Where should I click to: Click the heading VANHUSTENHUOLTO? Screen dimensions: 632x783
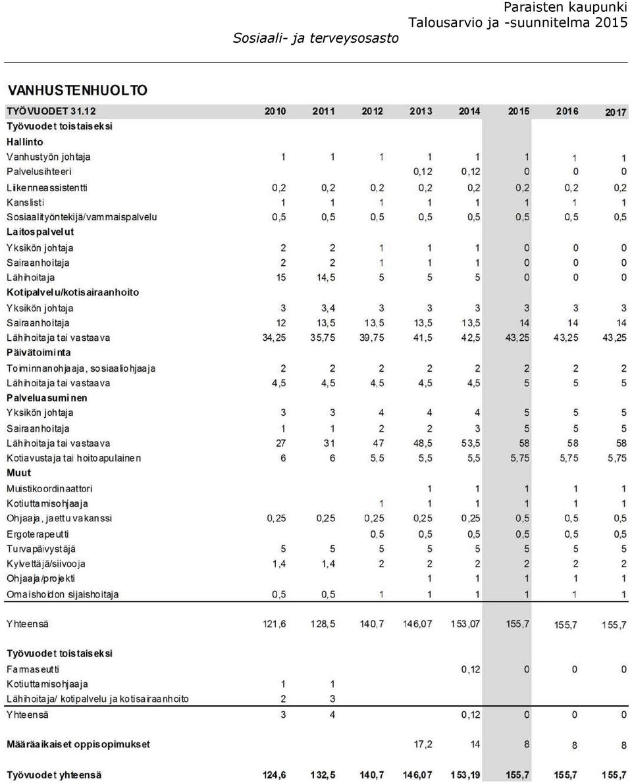78,90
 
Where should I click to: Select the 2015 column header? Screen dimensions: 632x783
518,111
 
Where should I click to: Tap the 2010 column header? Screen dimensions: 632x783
275,111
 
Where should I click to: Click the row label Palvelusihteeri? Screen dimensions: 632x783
39,172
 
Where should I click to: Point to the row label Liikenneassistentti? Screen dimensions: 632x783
47,188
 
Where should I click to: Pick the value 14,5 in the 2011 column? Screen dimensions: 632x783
326,278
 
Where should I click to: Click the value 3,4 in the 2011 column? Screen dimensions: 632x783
328,308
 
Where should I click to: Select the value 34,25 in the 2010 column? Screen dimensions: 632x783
275,338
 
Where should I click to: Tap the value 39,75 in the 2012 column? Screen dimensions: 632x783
372,338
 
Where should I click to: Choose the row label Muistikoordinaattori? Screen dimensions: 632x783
49,489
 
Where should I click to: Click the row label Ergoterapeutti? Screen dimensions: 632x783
38,534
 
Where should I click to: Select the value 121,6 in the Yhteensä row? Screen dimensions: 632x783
275,624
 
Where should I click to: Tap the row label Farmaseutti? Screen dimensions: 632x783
33,670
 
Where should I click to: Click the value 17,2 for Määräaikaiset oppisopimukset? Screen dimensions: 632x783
423,745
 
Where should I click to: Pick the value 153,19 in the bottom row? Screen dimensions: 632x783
465,775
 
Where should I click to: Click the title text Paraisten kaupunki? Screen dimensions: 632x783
566,7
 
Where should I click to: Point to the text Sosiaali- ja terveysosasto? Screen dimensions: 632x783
316,38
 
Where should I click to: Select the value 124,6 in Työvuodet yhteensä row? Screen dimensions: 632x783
275,775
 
